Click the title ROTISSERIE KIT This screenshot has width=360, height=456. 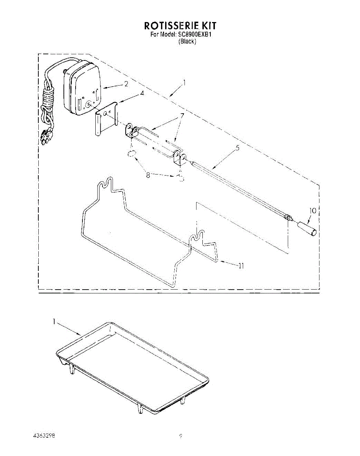click(x=180, y=26)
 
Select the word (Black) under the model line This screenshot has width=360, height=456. click(x=187, y=42)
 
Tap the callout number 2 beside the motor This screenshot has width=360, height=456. click(x=126, y=84)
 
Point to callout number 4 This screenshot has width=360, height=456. click(x=131, y=92)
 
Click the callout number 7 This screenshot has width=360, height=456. click(x=182, y=115)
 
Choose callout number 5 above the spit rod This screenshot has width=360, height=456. click(x=237, y=148)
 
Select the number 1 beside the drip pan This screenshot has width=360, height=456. click(x=54, y=321)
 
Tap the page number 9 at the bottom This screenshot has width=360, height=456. click(x=181, y=436)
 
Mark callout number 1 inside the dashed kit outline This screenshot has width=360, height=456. click(x=185, y=82)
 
